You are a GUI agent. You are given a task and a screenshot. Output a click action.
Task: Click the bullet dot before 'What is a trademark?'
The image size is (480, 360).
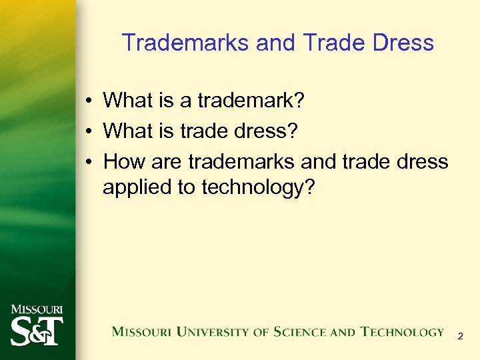click(88, 101)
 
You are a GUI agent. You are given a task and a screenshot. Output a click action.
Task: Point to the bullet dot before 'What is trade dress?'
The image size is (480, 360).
click(88, 131)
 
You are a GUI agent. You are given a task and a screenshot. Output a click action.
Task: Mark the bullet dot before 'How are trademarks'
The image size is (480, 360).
click(88, 162)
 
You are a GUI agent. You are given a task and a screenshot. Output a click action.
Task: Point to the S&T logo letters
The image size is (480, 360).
click(37, 329)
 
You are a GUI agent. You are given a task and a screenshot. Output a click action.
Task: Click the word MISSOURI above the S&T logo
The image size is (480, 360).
click(37, 310)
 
